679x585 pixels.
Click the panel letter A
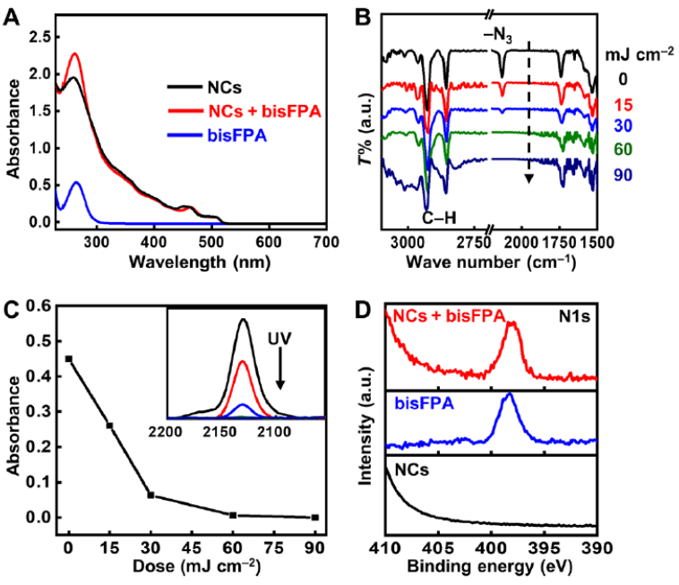[13, 15]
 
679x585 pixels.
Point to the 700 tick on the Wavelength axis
[326, 242]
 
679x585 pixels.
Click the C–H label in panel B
[442, 215]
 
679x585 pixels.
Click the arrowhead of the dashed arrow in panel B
[529, 179]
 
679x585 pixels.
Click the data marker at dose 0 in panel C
[69, 358]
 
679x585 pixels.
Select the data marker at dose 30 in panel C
[150, 495]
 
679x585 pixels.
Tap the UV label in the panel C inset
[280, 340]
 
